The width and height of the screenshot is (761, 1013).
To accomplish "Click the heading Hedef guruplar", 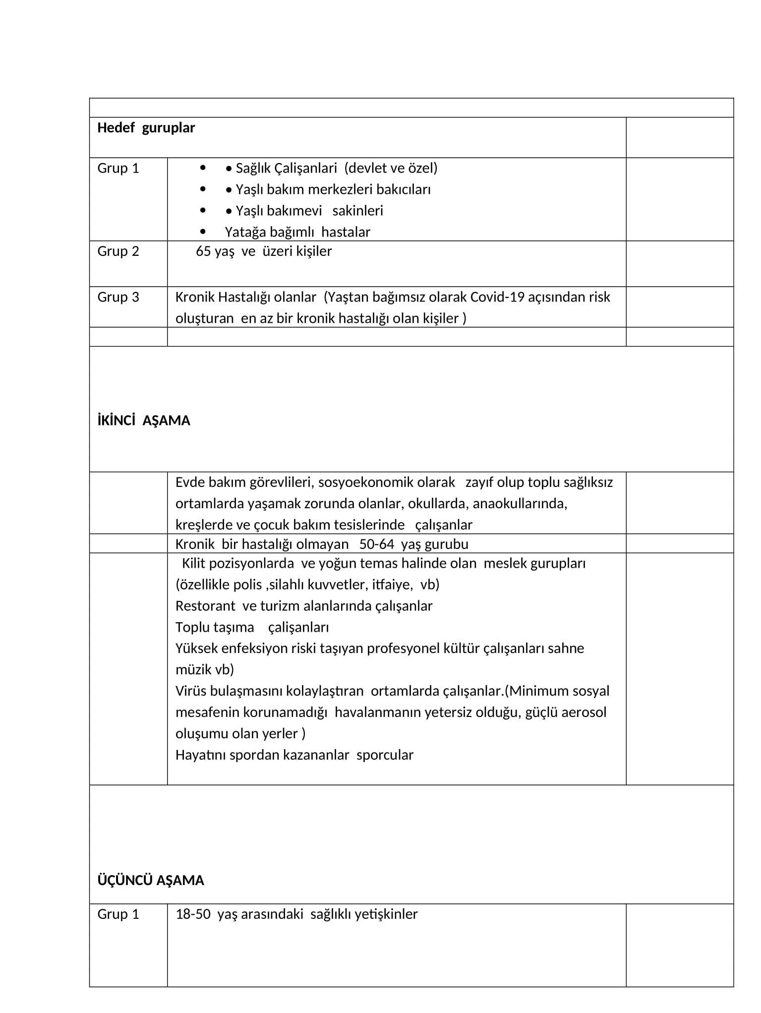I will coord(146,128).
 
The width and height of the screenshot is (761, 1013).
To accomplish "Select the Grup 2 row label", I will coord(118,251).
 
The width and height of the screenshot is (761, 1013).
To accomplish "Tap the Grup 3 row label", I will coord(118,297).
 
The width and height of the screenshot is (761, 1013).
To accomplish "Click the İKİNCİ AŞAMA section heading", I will coord(144,421).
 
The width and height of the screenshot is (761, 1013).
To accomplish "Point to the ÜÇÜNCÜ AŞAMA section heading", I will coord(151,881).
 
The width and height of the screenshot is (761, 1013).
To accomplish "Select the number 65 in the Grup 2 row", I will coord(203,251).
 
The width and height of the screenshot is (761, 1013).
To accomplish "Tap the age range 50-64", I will coord(376,544).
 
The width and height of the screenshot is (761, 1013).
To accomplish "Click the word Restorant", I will coord(198,606).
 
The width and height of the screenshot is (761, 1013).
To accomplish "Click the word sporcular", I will coord(385,755).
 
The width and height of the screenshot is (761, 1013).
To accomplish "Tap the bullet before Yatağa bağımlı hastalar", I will coord(202,232).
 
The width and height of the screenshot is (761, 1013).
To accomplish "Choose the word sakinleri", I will coord(357,211).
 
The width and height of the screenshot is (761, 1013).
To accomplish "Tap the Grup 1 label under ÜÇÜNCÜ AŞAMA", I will coord(118,914).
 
